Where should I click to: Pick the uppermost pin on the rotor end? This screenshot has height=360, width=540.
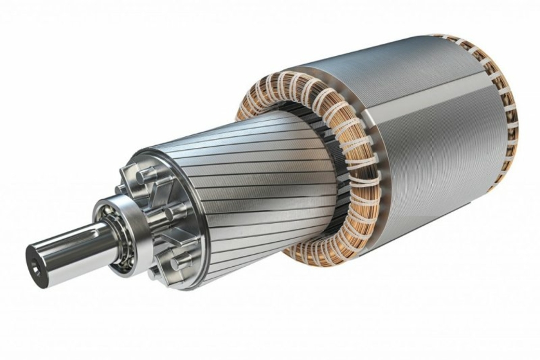tap(147, 172)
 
